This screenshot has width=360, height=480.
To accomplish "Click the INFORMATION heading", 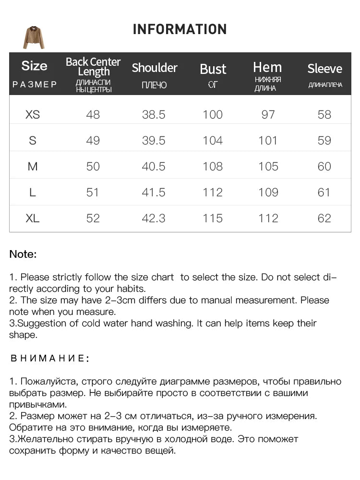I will click(x=180, y=29).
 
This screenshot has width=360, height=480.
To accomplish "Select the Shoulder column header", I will click(x=155, y=68).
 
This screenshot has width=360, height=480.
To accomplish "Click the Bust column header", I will click(x=213, y=69).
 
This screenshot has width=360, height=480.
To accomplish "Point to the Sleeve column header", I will click(x=324, y=69).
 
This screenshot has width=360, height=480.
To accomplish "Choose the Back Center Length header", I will click(x=93, y=67).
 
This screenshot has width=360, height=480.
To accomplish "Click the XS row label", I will click(x=33, y=114).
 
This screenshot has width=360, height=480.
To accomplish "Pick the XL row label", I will click(x=33, y=218).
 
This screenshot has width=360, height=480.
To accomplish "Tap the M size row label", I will click(x=33, y=166).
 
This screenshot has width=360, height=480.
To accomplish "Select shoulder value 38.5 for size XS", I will click(x=154, y=114).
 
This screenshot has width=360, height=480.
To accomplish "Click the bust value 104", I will click(x=213, y=140).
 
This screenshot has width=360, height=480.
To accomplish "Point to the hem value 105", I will click(x=268, y=166).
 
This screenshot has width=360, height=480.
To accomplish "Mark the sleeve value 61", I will click(x=324, y=192).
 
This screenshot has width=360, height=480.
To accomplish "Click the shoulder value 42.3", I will click(x=154, y=218).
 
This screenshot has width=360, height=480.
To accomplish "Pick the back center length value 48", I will click(x=93, y=114).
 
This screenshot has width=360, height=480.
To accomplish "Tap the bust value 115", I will click(x=213, y=218).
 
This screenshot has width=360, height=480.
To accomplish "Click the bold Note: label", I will click(x=23, y=254).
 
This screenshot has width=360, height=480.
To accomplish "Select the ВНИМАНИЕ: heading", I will click(x=49, y=358).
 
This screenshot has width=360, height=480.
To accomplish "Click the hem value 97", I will click(x=268, y=114).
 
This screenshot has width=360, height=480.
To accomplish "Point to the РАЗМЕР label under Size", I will click(x=35, y=84).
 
